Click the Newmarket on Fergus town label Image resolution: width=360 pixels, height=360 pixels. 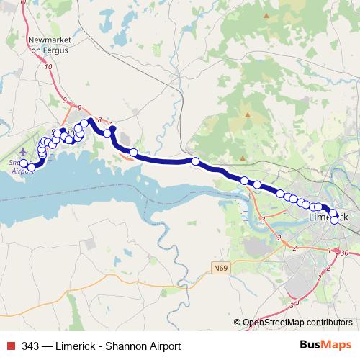pyautogui.click(x=46, y=44)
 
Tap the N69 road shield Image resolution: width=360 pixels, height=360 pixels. pyautogui.click(x=221, y=268)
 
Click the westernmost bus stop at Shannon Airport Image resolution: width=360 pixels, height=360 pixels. pyautogui.click(x=24, y=163)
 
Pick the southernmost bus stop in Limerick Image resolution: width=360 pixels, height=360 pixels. pyautogui.click(x=334, y=220)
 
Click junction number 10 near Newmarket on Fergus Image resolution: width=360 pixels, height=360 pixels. pyautogui.click(x=48, y=67)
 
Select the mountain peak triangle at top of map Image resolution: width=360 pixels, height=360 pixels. pyautogui.click(x=268, y=15)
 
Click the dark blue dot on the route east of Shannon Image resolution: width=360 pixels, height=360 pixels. pyautogui.click(x=112, y=129)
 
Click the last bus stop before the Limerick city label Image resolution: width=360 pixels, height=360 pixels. pyautogui.click(x=318, y=207)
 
